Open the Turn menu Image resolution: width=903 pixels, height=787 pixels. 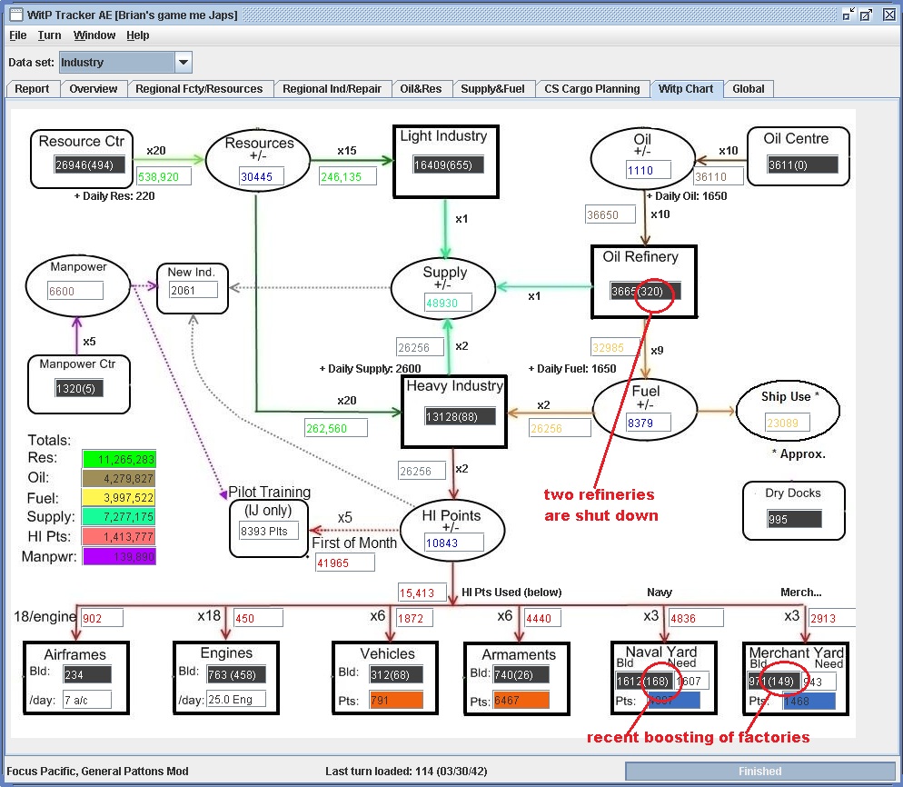click(49, 35)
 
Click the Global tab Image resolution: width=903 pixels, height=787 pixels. click(749, 89)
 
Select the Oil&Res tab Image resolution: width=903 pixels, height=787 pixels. click(420, 89)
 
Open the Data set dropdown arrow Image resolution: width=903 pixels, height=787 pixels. click(184, 63)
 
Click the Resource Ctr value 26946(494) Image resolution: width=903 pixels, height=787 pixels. click(89, 165)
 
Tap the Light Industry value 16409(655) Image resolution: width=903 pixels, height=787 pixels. click(448, 164)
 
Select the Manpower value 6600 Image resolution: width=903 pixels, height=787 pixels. click(75, 291)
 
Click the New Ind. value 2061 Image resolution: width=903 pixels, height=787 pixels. click(193, 290)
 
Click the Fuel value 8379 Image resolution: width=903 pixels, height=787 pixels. click(649, 422)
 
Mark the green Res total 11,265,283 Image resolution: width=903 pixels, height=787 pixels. click(118, 459)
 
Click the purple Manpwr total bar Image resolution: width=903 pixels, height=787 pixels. click(118, 556)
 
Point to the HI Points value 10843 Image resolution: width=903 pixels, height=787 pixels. click(453, 543)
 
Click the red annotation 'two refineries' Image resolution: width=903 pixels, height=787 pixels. click(599, 495)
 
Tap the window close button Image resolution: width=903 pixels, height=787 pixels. click(888, 15)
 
